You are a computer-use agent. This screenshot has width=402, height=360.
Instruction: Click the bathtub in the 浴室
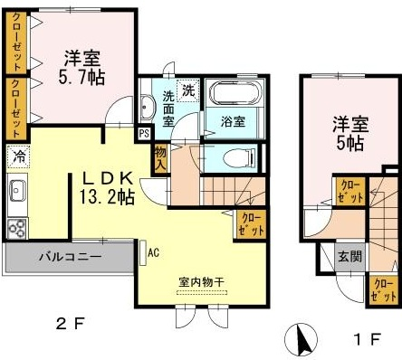(234, 93)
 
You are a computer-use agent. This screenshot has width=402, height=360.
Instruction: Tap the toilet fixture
(238, 158)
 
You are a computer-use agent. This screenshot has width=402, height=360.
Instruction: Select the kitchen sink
(17, 191)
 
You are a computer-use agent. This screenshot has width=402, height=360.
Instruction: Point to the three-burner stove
(17, 229)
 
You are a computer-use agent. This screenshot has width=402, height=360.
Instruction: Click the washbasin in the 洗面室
(147, 107)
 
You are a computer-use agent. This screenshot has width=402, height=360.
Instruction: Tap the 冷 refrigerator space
(18, 156)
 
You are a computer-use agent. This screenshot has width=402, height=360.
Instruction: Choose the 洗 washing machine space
(188, 90)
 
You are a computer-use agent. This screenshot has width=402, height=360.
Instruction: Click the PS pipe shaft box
(145, 133)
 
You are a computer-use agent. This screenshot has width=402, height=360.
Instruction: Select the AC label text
(153, 252)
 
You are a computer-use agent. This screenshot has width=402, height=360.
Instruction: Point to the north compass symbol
(301, 339)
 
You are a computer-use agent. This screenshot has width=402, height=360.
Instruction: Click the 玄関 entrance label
(350, 257)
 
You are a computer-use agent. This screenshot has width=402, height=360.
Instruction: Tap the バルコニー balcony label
(71, 257)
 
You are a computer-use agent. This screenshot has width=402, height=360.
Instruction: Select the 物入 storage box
(161, 159)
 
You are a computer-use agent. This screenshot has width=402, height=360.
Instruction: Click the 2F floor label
(70, 324)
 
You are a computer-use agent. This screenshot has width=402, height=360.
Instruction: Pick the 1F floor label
(367, 339)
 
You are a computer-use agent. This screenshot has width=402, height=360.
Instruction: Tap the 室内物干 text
(201, 282)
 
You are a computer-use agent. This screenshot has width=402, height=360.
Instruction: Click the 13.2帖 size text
(107, 197)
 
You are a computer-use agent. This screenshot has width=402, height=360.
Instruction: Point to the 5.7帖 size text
(81, 78)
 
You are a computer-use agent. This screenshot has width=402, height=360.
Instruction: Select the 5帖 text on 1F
(350, 143)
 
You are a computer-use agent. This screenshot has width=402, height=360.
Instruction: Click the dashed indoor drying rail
(202, 292)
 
